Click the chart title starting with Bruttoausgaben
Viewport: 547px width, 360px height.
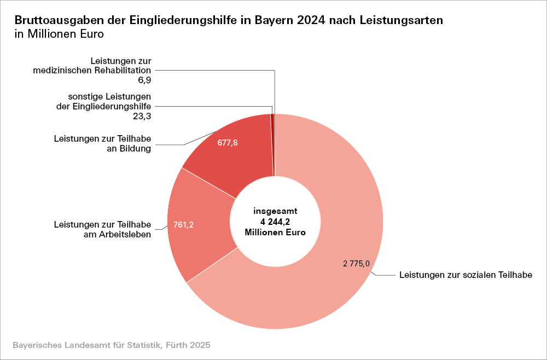click(229, 20)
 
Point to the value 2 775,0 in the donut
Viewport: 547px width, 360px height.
click(357, 264)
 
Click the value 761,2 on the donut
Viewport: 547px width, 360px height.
click(184, 225)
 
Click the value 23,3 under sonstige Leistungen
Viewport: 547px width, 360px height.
click(142, 116)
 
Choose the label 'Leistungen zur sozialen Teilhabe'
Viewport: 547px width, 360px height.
click(466, 275)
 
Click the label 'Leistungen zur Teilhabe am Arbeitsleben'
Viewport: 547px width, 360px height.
click(102, 230)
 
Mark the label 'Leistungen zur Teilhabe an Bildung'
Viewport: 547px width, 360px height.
click(102, 144)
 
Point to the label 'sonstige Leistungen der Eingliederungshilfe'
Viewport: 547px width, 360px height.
click(104, 102)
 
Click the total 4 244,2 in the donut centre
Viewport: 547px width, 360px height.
click(275, 221)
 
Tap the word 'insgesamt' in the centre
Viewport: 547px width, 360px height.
click(275, 211)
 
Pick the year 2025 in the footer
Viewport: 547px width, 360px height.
click(200, 346)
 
